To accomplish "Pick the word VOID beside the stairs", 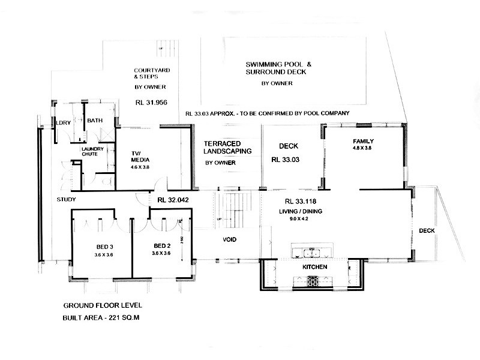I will (x=229, y=240).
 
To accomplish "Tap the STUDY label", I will (x=66, y=199).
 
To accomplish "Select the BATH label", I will (x=95, y=121).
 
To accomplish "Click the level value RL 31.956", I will (x=151, y=102).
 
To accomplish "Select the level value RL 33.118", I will (x=300, y=201).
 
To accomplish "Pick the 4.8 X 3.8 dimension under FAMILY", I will (x=362, y=148).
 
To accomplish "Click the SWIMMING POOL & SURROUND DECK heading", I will (x=276, y=68).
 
